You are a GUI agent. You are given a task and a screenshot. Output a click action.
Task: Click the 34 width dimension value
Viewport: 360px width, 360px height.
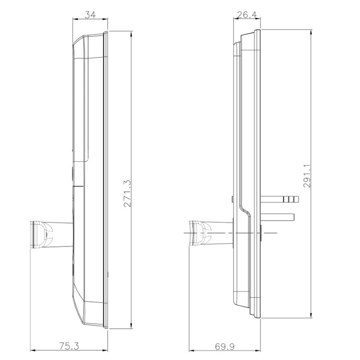(90, 15)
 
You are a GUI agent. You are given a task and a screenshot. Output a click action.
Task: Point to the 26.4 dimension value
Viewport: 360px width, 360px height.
(247, 15)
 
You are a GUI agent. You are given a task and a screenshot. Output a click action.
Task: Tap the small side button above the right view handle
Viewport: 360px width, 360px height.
(231, 199)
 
